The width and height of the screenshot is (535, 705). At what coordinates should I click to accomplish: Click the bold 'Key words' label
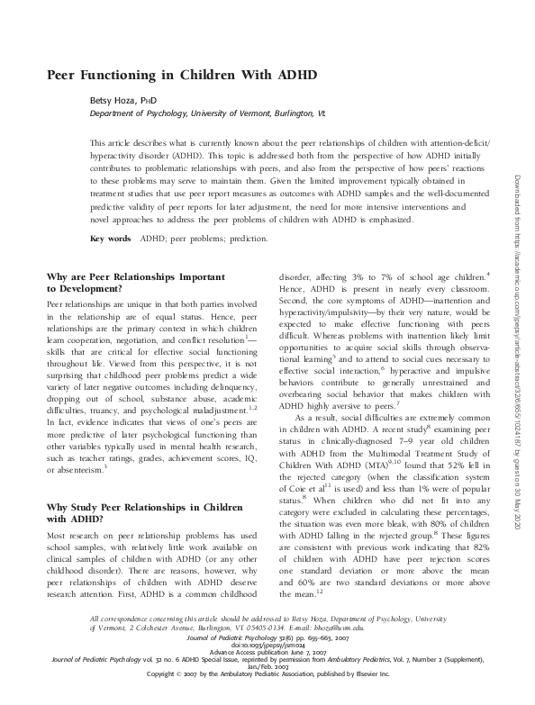pyautogui.click(x=111, y=239)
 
